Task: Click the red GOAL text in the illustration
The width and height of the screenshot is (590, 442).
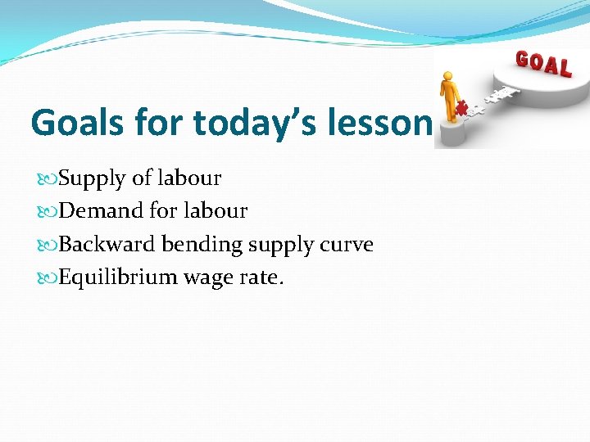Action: click(542, 63)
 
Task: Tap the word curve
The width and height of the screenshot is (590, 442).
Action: click(348, 245)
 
